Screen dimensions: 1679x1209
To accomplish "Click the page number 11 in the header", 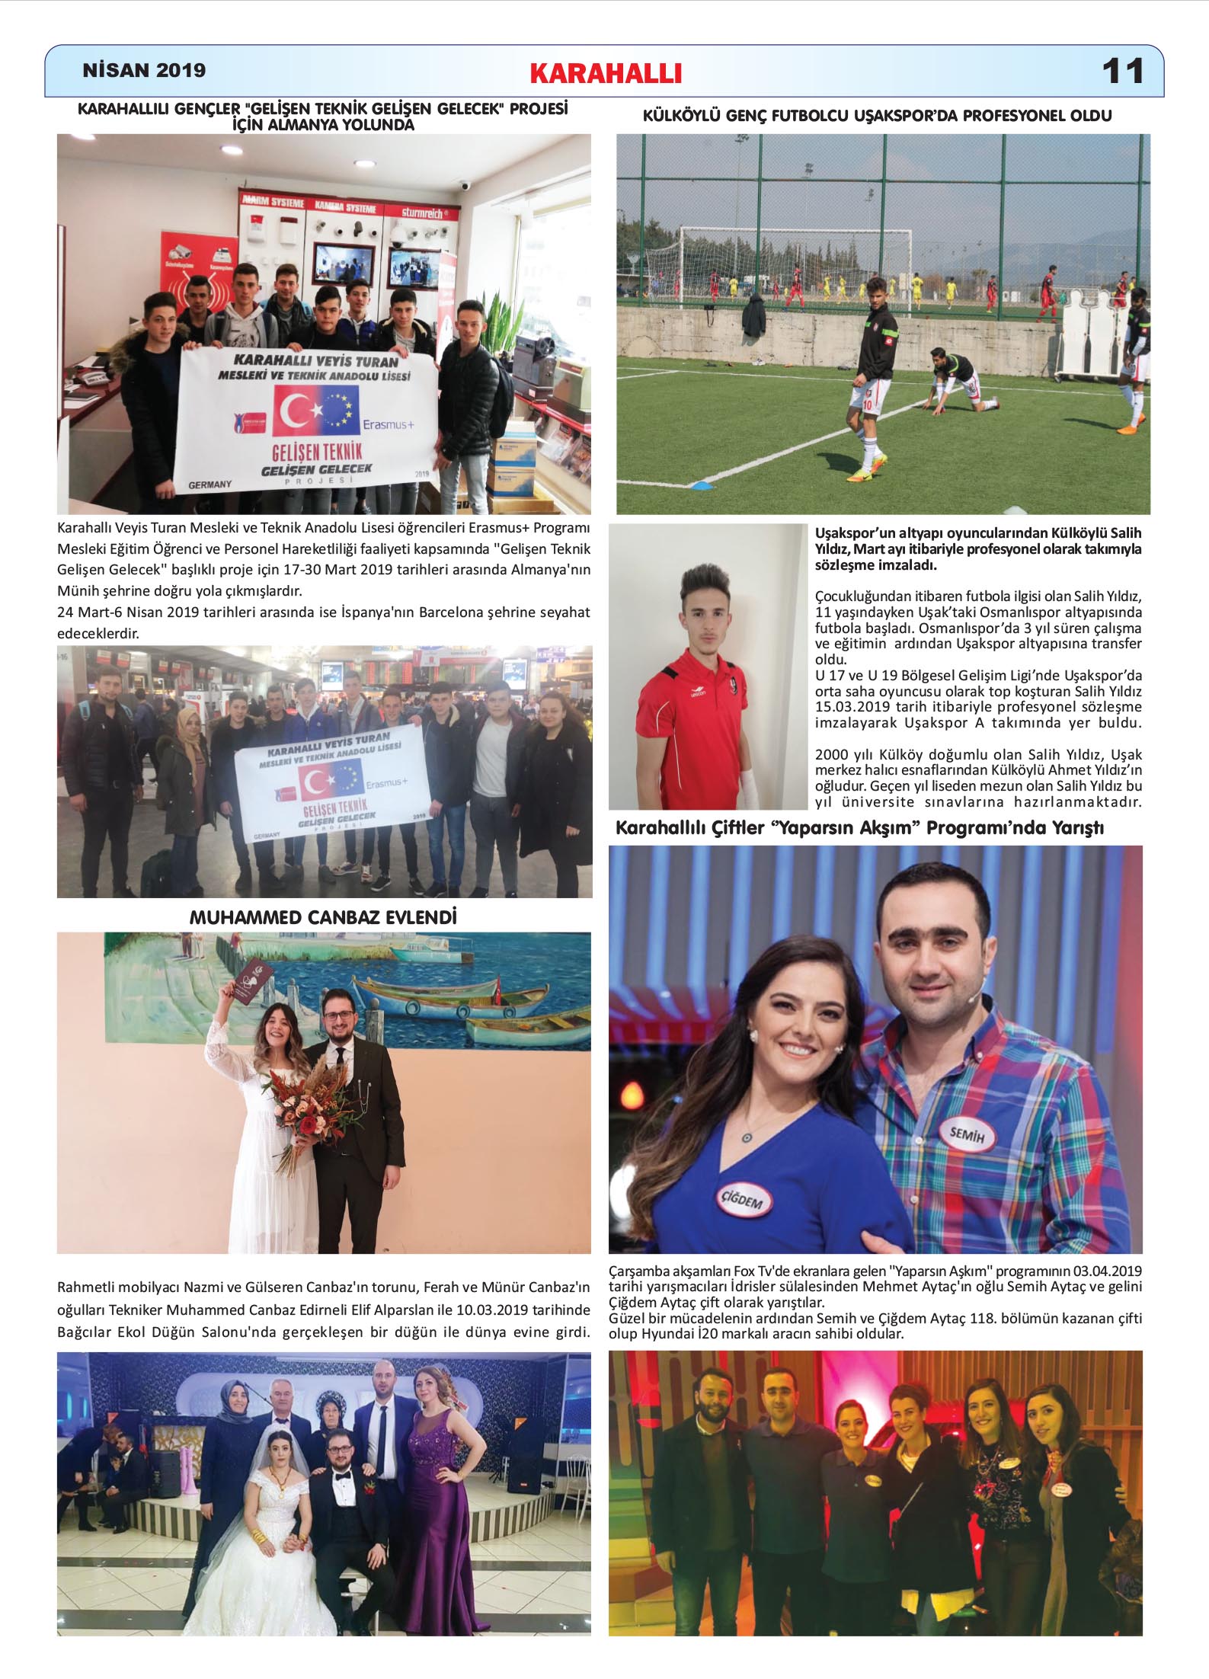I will tap(1122, 72).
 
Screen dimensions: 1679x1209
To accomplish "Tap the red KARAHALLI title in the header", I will tap(606, 73).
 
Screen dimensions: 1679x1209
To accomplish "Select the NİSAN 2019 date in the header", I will tap(144, 71).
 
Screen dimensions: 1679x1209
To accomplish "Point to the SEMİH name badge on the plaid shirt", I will tap(967, 1136).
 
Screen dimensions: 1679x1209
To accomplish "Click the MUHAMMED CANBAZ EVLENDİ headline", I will tap(323, 917).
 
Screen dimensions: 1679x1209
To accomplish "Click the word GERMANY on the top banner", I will tap(209, 485).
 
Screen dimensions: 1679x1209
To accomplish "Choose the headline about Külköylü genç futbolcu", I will tap(878, 116).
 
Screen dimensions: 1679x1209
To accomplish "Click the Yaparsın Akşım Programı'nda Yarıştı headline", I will tap(859, 828).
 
